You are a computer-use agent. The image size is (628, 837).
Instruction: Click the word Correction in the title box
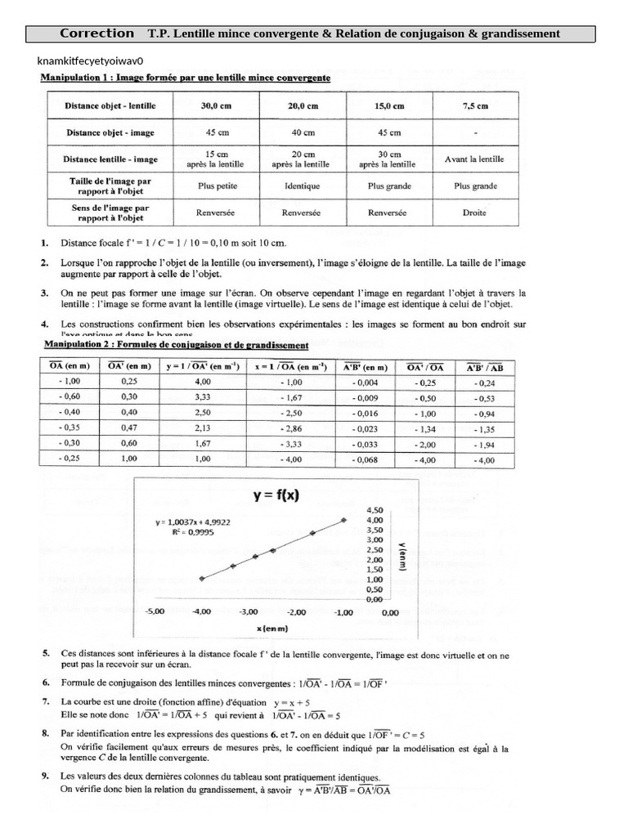click(97, 34)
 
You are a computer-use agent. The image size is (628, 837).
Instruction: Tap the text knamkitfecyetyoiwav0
click(90, 61)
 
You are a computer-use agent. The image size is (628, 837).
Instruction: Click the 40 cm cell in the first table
click(303, 132)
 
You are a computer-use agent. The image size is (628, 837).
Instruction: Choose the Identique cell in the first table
click(303, 186)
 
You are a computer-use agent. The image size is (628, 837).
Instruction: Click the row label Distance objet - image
click(110, 132)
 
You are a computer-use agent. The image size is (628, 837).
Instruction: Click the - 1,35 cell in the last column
click(484, 427)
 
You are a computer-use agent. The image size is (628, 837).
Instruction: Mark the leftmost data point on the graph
click(202, 578)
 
